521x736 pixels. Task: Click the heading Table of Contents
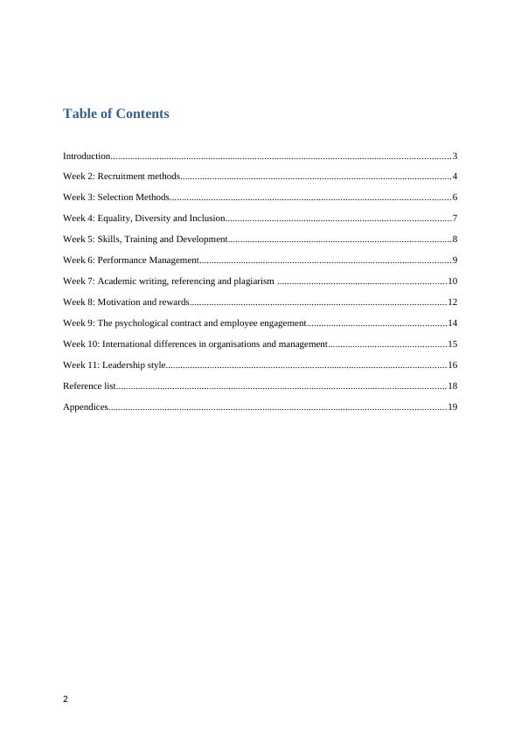click(116, 114)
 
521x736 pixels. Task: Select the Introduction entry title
click(87, 156)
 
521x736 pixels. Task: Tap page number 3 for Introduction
click(455, 156)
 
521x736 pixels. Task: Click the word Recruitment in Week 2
click(122, 177)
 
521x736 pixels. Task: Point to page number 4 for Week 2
click(455, 177)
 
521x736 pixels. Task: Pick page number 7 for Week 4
click(455, 218)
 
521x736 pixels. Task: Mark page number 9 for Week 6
click(455, 260)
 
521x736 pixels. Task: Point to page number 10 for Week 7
click(453, 281)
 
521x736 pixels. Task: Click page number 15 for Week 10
click(453, 344)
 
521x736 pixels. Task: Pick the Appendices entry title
click(86, 406)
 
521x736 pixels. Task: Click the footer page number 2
click(66, 699)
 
